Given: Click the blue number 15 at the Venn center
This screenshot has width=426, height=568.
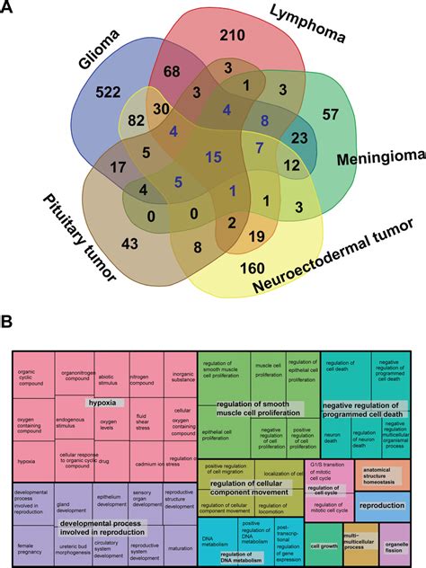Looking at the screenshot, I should coord(213,158).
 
